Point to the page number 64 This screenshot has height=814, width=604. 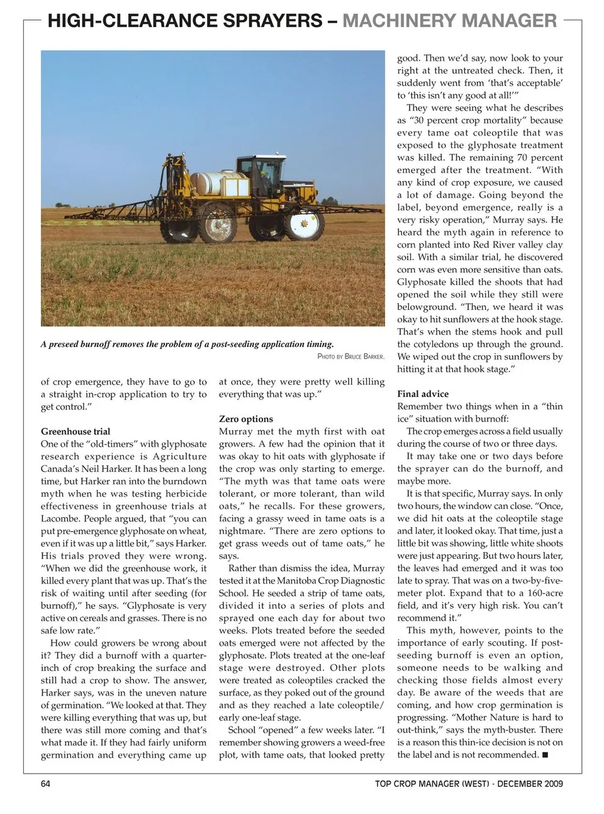pos(45,784)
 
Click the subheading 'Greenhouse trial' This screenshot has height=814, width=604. pos(75,432)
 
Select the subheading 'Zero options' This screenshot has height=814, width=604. pos(246,419)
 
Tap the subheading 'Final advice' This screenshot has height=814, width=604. pos(423,394)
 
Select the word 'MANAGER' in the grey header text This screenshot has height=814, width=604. pos(509,21)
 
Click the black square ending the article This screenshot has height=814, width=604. pos(544,755)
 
